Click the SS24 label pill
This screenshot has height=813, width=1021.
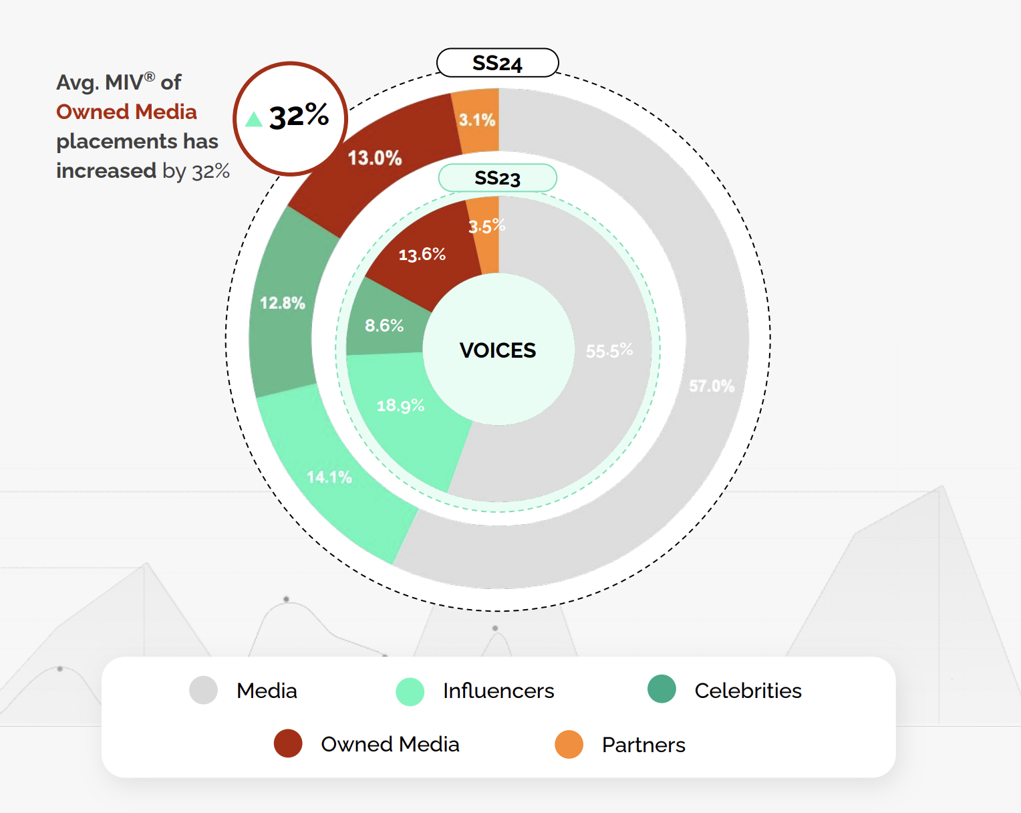coord(497,63)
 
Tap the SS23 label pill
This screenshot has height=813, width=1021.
coord(497,178)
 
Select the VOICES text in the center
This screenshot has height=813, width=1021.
coord(498,350)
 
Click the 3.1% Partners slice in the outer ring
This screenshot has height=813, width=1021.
coord(477,120)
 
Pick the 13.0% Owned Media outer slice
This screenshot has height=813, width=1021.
coord(375,158)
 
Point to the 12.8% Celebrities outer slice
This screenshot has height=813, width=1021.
coord(283,304)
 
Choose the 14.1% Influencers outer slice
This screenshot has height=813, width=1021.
coord(329,477)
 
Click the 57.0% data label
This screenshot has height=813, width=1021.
coord(712,386)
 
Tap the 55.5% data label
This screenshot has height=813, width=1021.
coord(609,350)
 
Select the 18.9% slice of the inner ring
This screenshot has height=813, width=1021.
coord(401,406)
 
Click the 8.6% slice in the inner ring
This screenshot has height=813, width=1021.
coord(384,326)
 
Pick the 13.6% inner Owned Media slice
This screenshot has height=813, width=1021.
coord(422,255)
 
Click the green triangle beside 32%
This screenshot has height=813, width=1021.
coord(253,120)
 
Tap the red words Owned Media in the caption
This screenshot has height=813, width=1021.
coord(126,112)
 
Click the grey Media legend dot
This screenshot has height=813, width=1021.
coord(203,690)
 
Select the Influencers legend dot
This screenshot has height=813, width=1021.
coord(410,691)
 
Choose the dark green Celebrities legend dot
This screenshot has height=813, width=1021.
coord(662,689)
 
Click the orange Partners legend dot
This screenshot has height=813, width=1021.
coord(569,744)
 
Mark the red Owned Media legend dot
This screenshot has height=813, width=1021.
coord(288,743)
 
